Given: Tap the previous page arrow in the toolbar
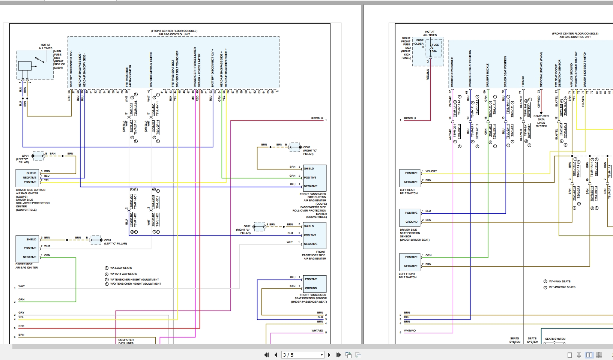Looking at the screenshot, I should click(276, 355).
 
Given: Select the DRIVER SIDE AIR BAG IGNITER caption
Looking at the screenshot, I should click(26, 266).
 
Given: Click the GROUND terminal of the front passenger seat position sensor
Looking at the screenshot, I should click(311, 288).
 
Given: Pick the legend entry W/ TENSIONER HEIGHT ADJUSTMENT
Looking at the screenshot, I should click(134, 279).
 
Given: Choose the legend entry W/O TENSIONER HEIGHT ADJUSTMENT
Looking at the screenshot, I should click(135, 284).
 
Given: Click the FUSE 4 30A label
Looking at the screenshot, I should click(435, 48).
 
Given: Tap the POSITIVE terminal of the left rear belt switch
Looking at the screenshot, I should click(411, 173).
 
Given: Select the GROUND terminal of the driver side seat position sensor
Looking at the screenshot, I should click(411, 222).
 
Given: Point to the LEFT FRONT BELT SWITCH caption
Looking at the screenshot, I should click(407, 276).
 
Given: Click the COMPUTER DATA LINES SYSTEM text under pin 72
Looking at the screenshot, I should click(541, 121).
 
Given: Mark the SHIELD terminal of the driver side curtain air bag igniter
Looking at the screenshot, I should click(32, 173).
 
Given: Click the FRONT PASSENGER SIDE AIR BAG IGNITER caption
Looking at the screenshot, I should click(314, 255).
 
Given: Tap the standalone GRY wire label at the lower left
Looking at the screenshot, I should click(21, 312).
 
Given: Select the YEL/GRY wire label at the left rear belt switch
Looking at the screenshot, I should click(431, 171).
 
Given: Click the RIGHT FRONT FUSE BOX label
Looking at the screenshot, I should click(407, 48).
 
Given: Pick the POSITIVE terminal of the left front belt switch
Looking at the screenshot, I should click(411, 257).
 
